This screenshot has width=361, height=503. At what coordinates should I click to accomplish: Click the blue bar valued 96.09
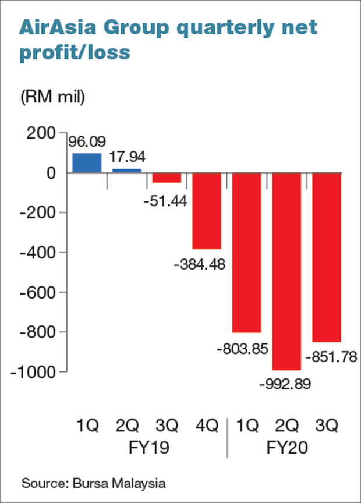coord(87,162)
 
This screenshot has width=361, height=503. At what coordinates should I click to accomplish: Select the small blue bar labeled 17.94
coord(126,171)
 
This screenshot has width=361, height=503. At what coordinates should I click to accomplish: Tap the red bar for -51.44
coord(167,178)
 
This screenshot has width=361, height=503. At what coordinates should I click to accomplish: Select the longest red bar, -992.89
coord(286,271)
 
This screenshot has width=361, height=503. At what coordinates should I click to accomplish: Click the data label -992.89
coord(286,384)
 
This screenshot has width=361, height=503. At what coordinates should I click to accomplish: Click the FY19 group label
coord(148,449)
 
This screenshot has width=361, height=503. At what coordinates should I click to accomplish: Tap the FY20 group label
coord(286,449)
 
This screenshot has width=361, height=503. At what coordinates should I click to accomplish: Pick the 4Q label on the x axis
coord(206,426)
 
